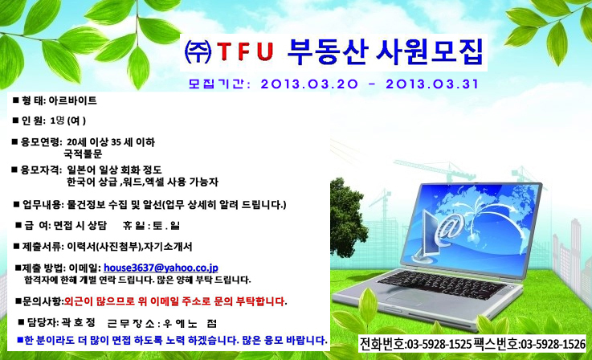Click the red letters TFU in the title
tap(245, 51)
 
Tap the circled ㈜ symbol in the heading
tap(198, 51)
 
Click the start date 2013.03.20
tap(309, 84)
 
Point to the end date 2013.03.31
tap(432, 84)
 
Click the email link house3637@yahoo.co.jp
tap(161, 268)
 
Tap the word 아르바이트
tap(72, 100)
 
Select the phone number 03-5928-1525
tap(439, 344)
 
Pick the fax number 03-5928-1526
tap(553, 344)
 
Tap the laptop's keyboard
tap(443, 284)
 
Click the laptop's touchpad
tap(406, 297)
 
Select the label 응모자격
tap(39, 170)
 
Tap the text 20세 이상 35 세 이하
tap(111, 142)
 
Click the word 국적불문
tap(83, 153)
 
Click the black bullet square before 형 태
tap(15, 100)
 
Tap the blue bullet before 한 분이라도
tap(20, 340)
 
